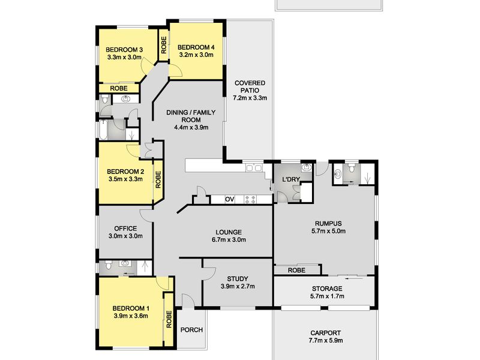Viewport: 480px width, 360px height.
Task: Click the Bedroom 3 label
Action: point(124,50)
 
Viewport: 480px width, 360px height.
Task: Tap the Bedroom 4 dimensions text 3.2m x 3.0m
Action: point(196,55)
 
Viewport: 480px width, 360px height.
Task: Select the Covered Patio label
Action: point(250,86)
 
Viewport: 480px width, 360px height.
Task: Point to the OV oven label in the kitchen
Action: point(230,200)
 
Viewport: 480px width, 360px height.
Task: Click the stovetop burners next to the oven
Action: point(250,200)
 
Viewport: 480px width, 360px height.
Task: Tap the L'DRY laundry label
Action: point(291,179)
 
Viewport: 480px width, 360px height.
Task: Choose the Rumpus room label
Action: point(328,223)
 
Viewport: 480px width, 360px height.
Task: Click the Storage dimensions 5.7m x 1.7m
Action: point(327,296)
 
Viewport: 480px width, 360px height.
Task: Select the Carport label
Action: point(325,333)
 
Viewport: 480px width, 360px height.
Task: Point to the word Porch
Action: point(191,329)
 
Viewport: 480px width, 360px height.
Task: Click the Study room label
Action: point(238,279)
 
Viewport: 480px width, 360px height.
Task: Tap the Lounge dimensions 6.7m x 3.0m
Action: point(229,239)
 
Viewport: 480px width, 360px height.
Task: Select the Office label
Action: point(125,229)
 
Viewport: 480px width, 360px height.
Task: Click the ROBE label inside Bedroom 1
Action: point(169,319)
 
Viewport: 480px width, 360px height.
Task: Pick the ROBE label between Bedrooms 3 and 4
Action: point(164,45)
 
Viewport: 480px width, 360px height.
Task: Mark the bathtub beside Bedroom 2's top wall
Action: point(103,130)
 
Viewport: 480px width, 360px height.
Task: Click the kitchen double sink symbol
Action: point(254,168)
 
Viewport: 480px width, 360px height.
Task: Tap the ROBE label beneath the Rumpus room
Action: point(296,270)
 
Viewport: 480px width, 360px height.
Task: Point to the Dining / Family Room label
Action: point(191,116)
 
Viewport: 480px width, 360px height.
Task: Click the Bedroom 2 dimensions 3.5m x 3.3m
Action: point(125,179)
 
